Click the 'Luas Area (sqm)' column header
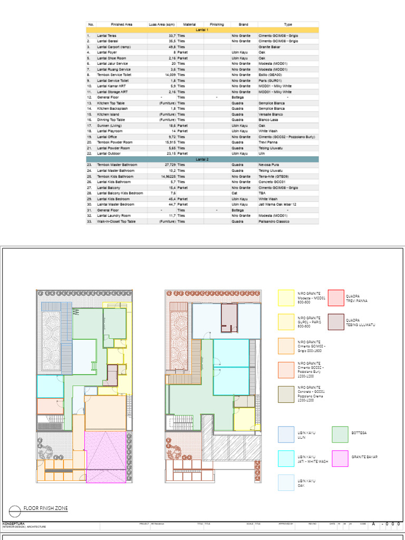click(x=162, y=24)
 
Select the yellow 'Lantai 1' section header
click(x=202, y=30)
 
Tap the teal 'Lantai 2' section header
click(x=202, y=159)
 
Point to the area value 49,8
click(x=171, y=47)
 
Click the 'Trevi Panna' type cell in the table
click(x=268, y=142)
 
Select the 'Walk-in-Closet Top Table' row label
click(x=116, y=221)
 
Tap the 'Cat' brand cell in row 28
click(x=235, y=193)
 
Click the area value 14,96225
click(x=167, y=176)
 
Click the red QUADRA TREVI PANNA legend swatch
click(x=336, y=298)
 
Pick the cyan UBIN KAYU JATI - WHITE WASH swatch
click(x=286, y=459)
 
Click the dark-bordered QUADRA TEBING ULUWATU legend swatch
click(x=336, y=322)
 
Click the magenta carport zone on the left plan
click(x=106, y=456)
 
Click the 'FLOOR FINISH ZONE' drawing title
click(x=45, y=508)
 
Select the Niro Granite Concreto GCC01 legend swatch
click(x=286, y=394)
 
